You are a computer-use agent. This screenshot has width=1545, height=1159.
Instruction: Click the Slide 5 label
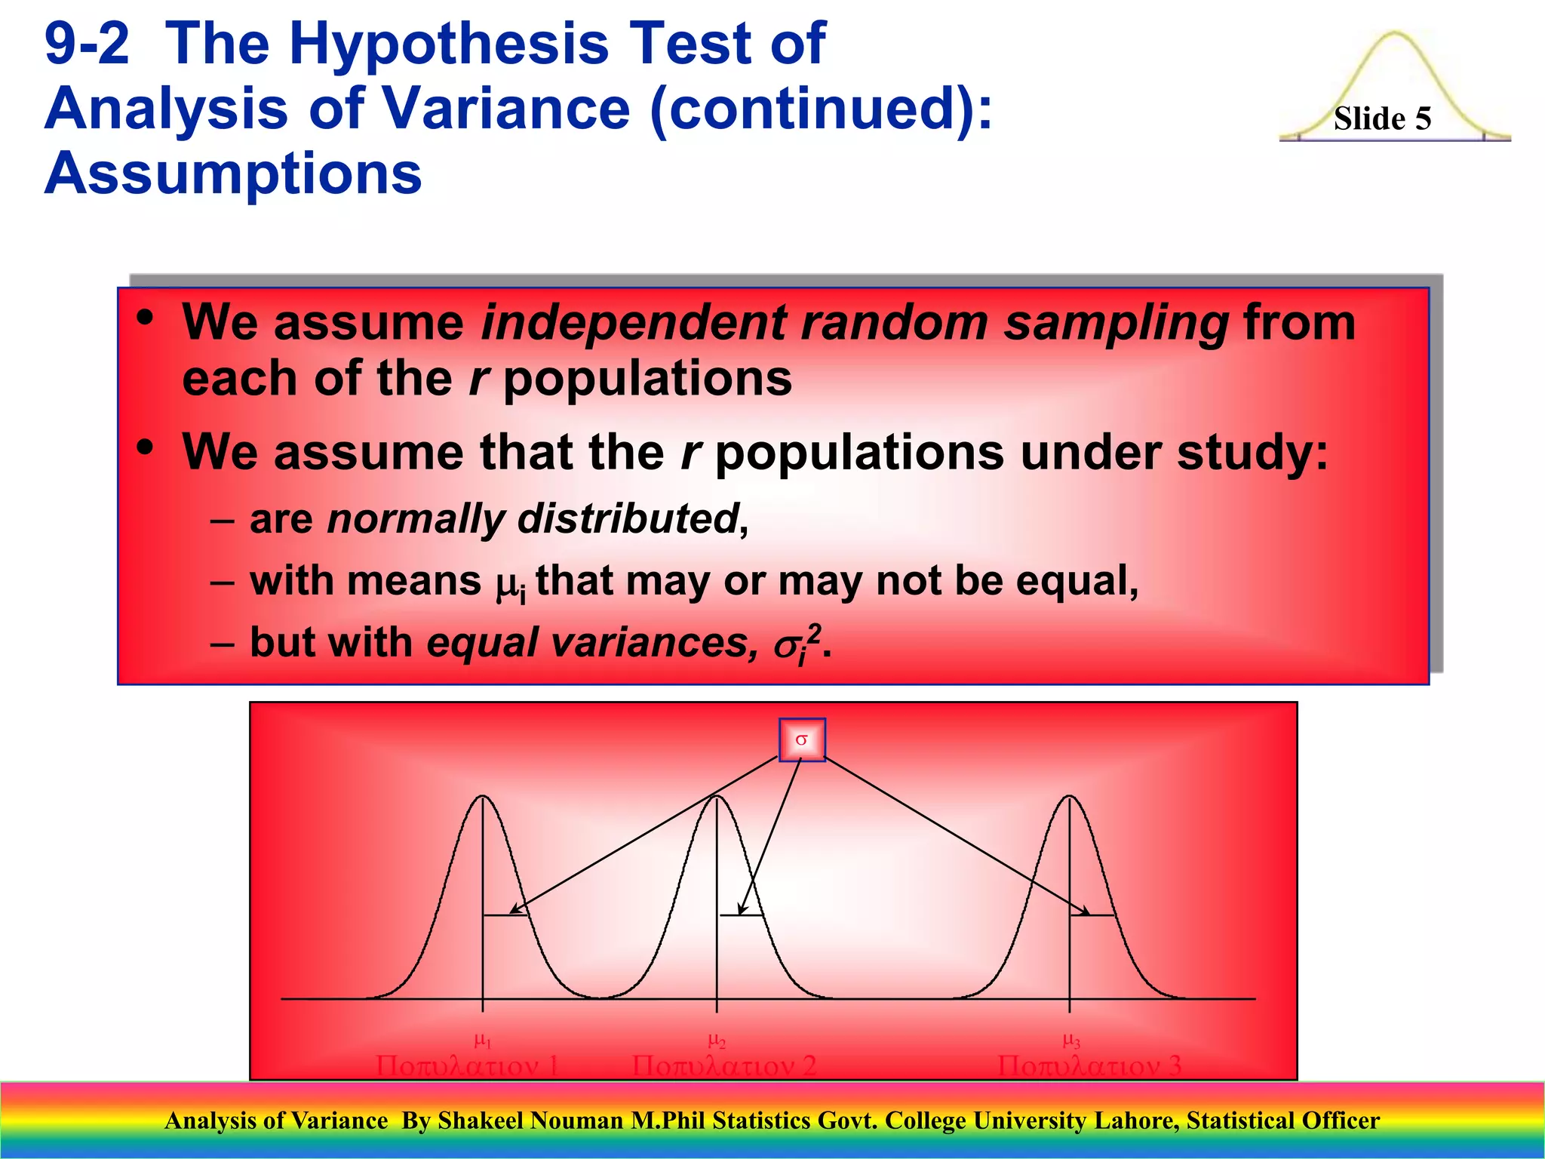[1382, 119]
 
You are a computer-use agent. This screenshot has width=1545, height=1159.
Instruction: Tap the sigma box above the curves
[801, 740]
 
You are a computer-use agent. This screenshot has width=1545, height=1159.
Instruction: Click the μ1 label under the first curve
[483, 1041]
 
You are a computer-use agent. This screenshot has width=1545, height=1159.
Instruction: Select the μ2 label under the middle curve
[717, 1041]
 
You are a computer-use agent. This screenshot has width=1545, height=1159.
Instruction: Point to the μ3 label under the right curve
[1071, 1041]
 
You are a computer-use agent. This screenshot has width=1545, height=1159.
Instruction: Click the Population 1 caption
[467, 1066]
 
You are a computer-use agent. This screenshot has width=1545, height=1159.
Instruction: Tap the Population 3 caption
[1089, 1066]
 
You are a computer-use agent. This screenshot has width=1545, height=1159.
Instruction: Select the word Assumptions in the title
[233, 174]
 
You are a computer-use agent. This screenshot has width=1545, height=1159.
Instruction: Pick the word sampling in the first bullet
[1117, 323]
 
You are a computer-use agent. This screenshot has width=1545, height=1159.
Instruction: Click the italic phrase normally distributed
[533, 519]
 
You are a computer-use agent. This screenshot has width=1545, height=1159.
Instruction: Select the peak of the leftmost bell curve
[483, 797]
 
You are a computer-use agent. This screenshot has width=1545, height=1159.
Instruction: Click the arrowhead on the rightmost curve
[1085, 912]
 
